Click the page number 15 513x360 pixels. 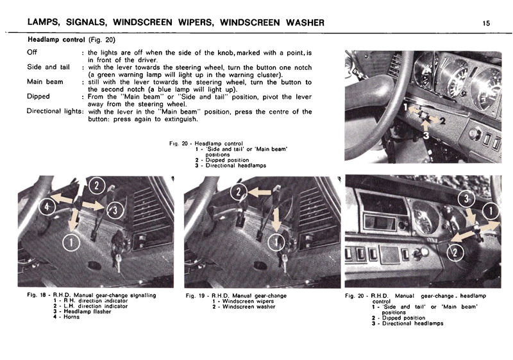pos(487,23)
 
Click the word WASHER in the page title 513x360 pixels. pos(296,23)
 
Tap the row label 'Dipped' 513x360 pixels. pos(38,97)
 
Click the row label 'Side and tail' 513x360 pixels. pos(49,67)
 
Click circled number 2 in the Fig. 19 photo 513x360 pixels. pos(237,191)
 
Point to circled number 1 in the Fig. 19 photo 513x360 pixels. pos(277,241)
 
